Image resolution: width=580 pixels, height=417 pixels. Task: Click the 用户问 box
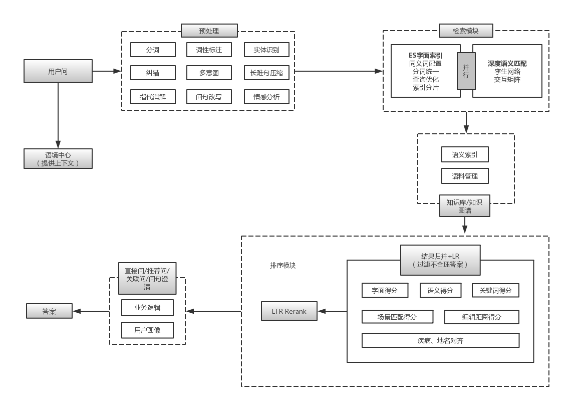pyautogui.click(x=58, y=71)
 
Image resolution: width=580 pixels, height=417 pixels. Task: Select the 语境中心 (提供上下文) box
pyautogui.click(x=58, y=158)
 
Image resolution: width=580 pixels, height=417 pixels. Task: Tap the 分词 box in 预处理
pyautogui.click(x=153, y=50)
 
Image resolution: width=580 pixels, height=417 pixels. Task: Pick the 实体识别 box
pyautogui.click(x=266, y=50)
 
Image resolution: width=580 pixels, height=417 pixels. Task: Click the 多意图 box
pyautogui.click(x=209, y=73)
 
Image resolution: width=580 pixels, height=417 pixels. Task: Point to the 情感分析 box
pyautogui.click(x=266, y=97)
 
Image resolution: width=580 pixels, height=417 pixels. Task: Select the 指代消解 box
pyautogui.click(x=153, y=97)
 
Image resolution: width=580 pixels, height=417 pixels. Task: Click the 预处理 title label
pyautogui.click(x=209, y=31)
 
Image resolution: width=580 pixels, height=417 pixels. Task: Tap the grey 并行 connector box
pyautogui.click(x=466, y=71)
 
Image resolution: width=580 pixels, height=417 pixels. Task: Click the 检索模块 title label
pyautogui.click(x=465, y=31)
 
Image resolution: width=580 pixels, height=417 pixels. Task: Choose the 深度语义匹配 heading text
pyautogui.click(x=507, y=64)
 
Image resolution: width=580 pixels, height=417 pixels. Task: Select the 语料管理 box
pyautogui.click(x=465, y=176)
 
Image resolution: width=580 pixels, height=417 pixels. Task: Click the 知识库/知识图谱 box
pyautogui.click(x=464, y=205)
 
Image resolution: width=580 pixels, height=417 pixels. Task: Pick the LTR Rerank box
pyautogui.click(x=289, y=311)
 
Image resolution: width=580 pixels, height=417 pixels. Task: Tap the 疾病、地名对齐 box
pyautogui.click(x=440, y=340)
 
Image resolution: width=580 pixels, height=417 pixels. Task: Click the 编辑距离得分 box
pyautogui.click(x=481, y=317)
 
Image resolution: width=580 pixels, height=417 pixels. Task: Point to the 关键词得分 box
pyautogui.click(x=495, y=290)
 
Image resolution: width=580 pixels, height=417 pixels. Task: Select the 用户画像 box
pyautogui.click(x=147, y=330)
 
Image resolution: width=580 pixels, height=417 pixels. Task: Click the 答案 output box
pyautogui.click(x=49, y=311)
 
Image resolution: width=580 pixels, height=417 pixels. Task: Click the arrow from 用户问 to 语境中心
pyautogui.click(x=58, y=115)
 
